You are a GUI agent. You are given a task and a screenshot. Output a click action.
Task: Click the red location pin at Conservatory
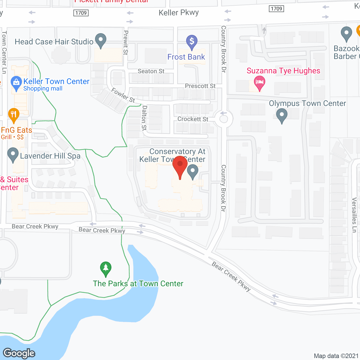click(x=180, y=165)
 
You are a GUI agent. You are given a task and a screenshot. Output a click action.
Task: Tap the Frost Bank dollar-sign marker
click(x=192, y=42)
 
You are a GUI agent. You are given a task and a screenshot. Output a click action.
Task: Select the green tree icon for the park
click(x=106, y=269)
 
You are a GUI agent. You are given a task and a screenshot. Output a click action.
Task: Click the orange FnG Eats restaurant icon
click(x=13, y=115)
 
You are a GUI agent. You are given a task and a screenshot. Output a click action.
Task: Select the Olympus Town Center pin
click(x=282, y=115)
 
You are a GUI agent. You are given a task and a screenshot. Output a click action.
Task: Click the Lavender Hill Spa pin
click(x=13, y=154)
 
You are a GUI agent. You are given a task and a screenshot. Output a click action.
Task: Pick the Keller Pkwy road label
click(x=179, y=13)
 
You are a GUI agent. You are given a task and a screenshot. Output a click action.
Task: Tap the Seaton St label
click(x=151, y=71)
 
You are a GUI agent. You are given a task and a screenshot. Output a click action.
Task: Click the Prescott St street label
click(x=200, y=86)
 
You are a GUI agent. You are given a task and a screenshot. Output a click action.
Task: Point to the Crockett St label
click(x=193, y=119)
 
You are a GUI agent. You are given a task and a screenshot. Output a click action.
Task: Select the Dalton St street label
click(x=144, y=118)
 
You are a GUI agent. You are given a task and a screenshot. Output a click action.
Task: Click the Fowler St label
click(x=123, y=95)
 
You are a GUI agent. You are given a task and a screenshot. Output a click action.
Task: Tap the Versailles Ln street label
click(x=354, y=215)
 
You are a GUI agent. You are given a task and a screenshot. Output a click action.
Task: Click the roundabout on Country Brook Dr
click(x=224, y=119)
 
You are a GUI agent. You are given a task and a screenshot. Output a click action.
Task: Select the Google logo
click(x=19, y=353)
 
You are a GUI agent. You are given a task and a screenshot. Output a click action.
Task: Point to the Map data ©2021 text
click(x=336, y=356)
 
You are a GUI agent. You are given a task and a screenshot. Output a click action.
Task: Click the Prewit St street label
click(x=126, y=42)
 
